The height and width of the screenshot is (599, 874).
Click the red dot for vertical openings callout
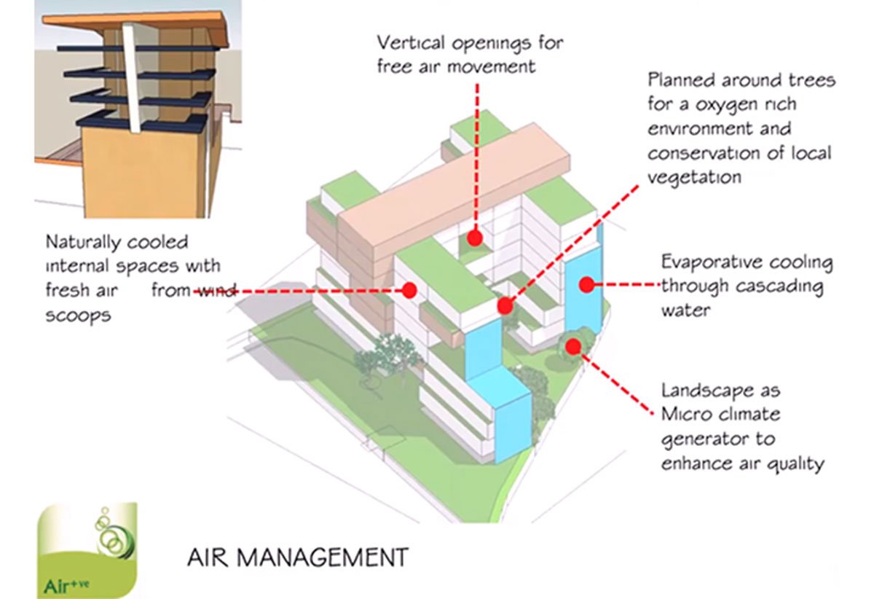coord(475,238)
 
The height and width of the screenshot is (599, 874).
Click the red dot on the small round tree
coord(574,345)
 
